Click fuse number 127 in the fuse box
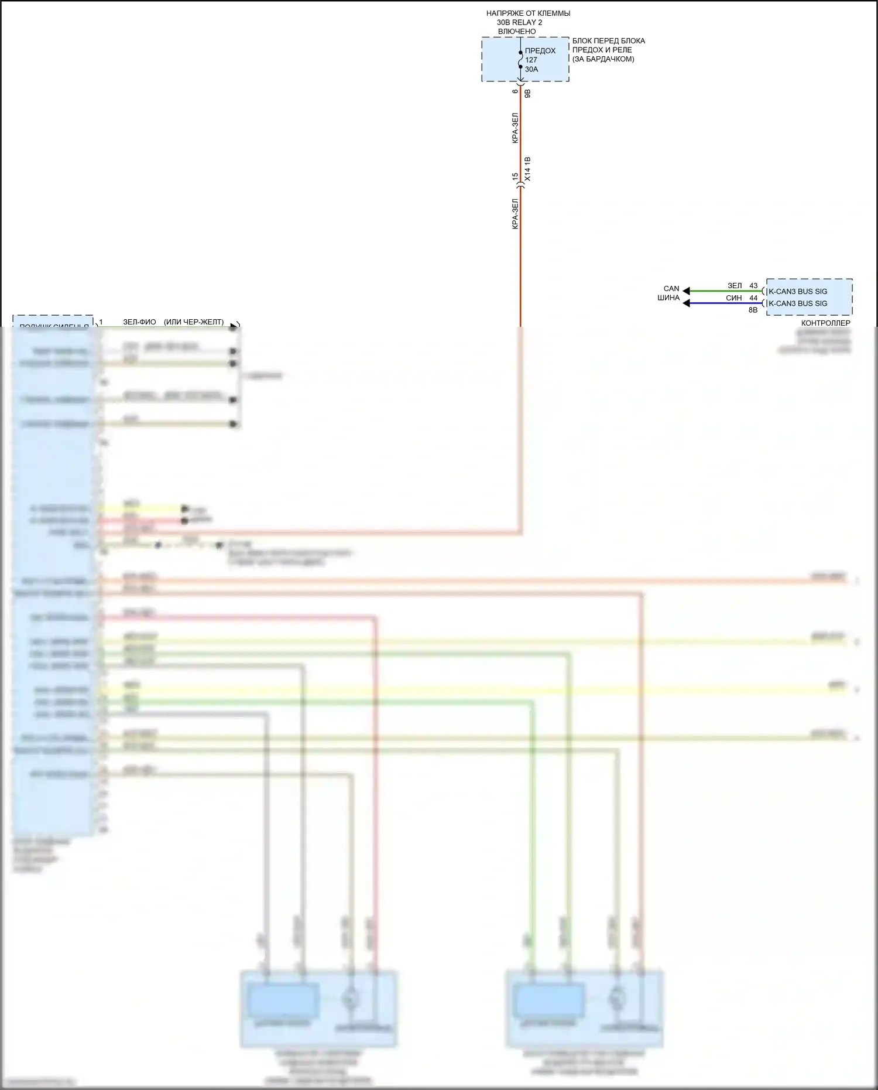tap(531, 60)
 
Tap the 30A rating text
tap(531, 69)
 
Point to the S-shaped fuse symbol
tap(520, 60)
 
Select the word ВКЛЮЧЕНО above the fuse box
tap(517, 32)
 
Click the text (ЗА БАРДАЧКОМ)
tap(603, 59)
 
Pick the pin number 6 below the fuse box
tap(515, 91)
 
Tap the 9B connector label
tap(527, 93)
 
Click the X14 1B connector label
tap(527, 169)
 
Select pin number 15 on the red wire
tap(515, 177)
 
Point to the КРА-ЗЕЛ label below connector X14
tap(515, 214)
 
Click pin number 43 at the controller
tap(753, 286)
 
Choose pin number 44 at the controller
tap(753, 298)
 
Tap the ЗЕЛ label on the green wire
tap(735, 286)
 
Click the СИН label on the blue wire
tap(734, 298)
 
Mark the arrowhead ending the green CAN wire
tap(687, 291)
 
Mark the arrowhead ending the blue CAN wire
tap(687, 303)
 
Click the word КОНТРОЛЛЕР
tap(825, 323)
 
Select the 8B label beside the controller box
tap(753, 310)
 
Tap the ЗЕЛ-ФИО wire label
tap(139, 322)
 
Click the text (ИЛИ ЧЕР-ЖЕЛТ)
tap(194, 322)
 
